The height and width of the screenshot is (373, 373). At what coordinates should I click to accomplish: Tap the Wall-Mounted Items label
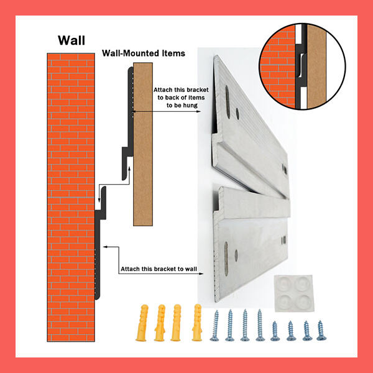tap(143, 53)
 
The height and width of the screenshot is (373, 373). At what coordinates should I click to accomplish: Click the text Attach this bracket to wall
tap(157, 269)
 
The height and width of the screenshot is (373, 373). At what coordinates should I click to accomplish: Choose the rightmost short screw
tap(321, 329)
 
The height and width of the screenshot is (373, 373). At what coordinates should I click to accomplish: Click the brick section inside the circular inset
tap(277, 68)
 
